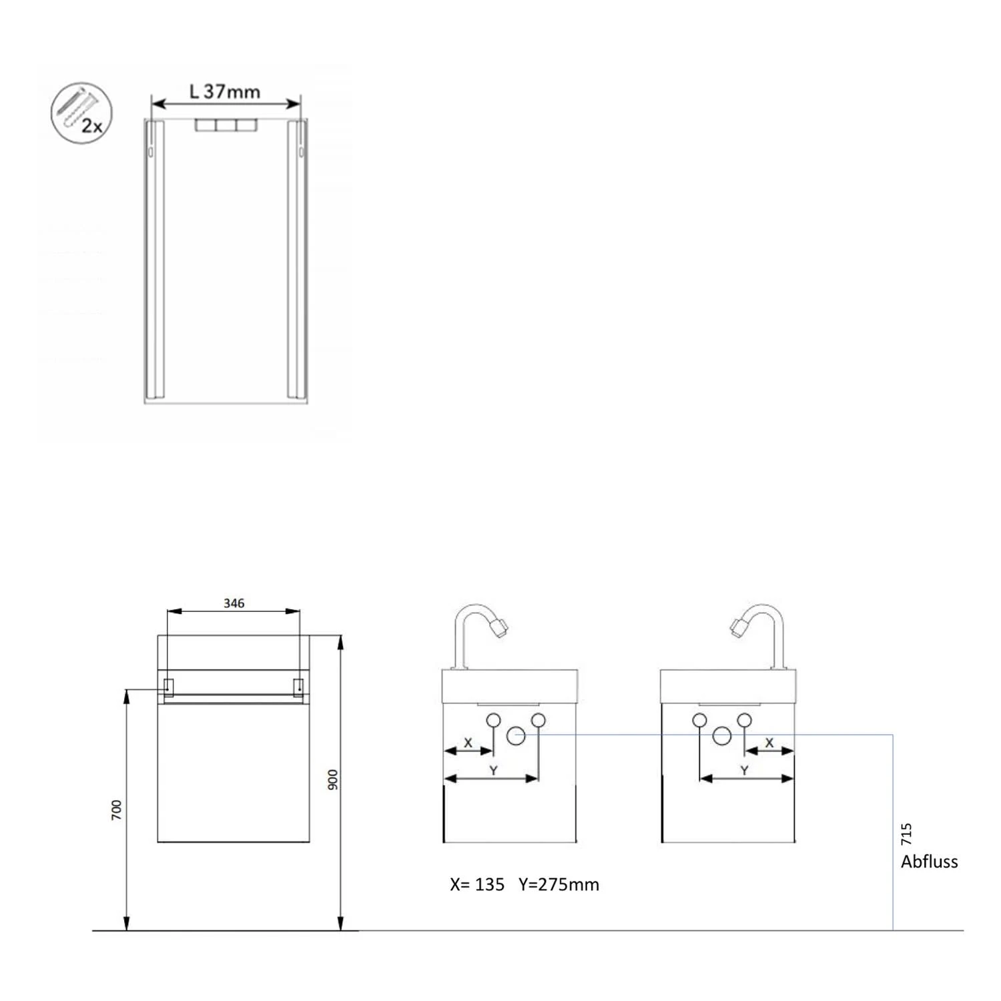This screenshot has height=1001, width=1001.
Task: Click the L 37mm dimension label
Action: pyautogui.click(x=225, y=91)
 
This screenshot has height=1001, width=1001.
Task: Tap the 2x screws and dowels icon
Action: pyautogui.click(x=81, y=113)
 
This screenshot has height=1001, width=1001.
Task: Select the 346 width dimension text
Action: pyautogui.click(x=234, y=603)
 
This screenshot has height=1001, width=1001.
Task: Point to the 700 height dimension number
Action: pyautogui.click(x=117, y=809)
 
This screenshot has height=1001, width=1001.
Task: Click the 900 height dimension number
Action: pyautogui.click(x=333, y=779)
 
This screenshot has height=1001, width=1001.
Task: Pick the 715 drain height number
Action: pyautogui.click(x=906, y=834)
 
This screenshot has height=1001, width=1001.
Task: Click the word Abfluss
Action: pyautogui.click(x=929, y=862)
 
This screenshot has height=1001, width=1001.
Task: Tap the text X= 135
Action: pyautogui.click(x=477, y=884)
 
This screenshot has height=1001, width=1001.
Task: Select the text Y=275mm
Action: pyautogui.click(x=559, y=884)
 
